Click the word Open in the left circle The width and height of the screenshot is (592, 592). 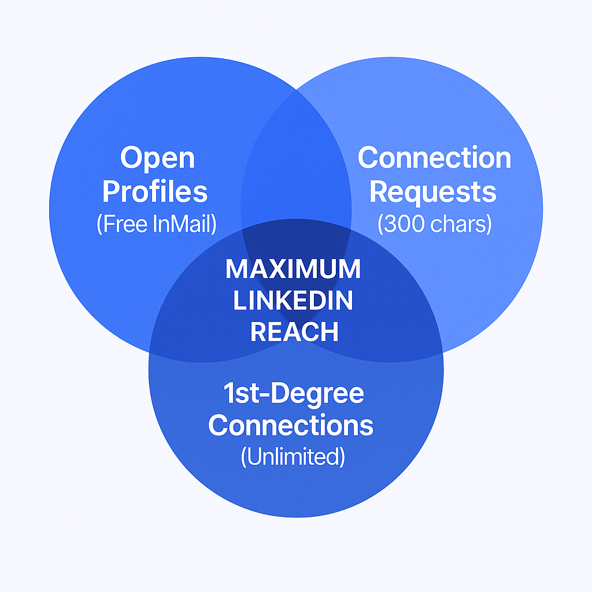(157, 158)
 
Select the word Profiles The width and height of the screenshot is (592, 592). (154, 191)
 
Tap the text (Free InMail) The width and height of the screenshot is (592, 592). (157, 224)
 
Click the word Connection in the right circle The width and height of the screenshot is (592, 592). (434, 158)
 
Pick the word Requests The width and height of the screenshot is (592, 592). (433, 191)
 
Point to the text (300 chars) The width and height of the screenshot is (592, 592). (434, 224)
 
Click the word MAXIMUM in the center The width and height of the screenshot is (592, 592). (293, 269)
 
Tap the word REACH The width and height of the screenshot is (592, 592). (294, 332)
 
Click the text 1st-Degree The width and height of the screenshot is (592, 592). (294, 394)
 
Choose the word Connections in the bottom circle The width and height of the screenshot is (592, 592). (291, 425)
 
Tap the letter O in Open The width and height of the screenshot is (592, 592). (132, 157)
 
